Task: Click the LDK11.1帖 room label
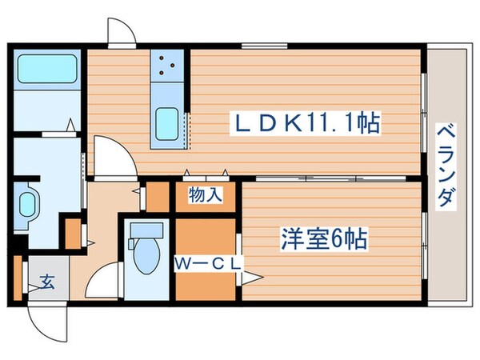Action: point(305,123)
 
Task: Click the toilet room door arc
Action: point(102,282)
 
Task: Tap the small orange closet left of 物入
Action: point(158,196)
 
